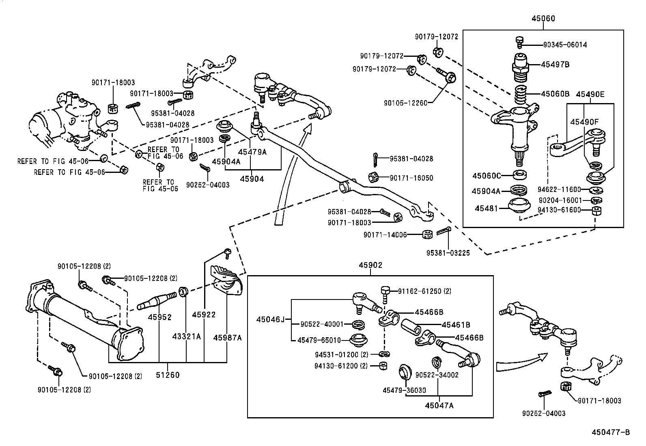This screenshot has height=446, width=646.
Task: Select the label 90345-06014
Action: click(565, 45)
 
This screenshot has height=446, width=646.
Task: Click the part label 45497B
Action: click(555, 65)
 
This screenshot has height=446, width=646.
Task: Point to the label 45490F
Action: click(584, 122)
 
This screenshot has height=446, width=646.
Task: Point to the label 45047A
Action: click(439, 405)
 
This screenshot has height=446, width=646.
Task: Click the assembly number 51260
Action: click(167, 375)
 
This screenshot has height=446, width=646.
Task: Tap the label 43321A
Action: click(186, 336)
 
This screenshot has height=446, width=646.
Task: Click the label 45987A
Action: click(227, 337)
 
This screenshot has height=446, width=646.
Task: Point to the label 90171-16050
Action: click(411, 178)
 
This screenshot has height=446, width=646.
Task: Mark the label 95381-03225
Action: click(448, 253)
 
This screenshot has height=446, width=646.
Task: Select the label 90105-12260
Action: click(405, 103)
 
